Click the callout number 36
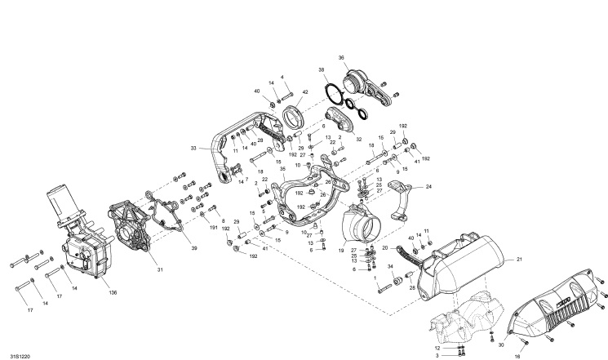[x=341, y=57]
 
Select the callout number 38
[x=322, y=70]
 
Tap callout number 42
[x=304, y=92]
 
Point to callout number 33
[x=193, y=149]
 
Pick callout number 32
[x=358, y=140]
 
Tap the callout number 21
[x=517, y=260]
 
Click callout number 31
[x=161, y=270]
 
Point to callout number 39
[x=194, y=247]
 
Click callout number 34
[x=390, y=267]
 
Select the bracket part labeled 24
[x=402, y=200]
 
